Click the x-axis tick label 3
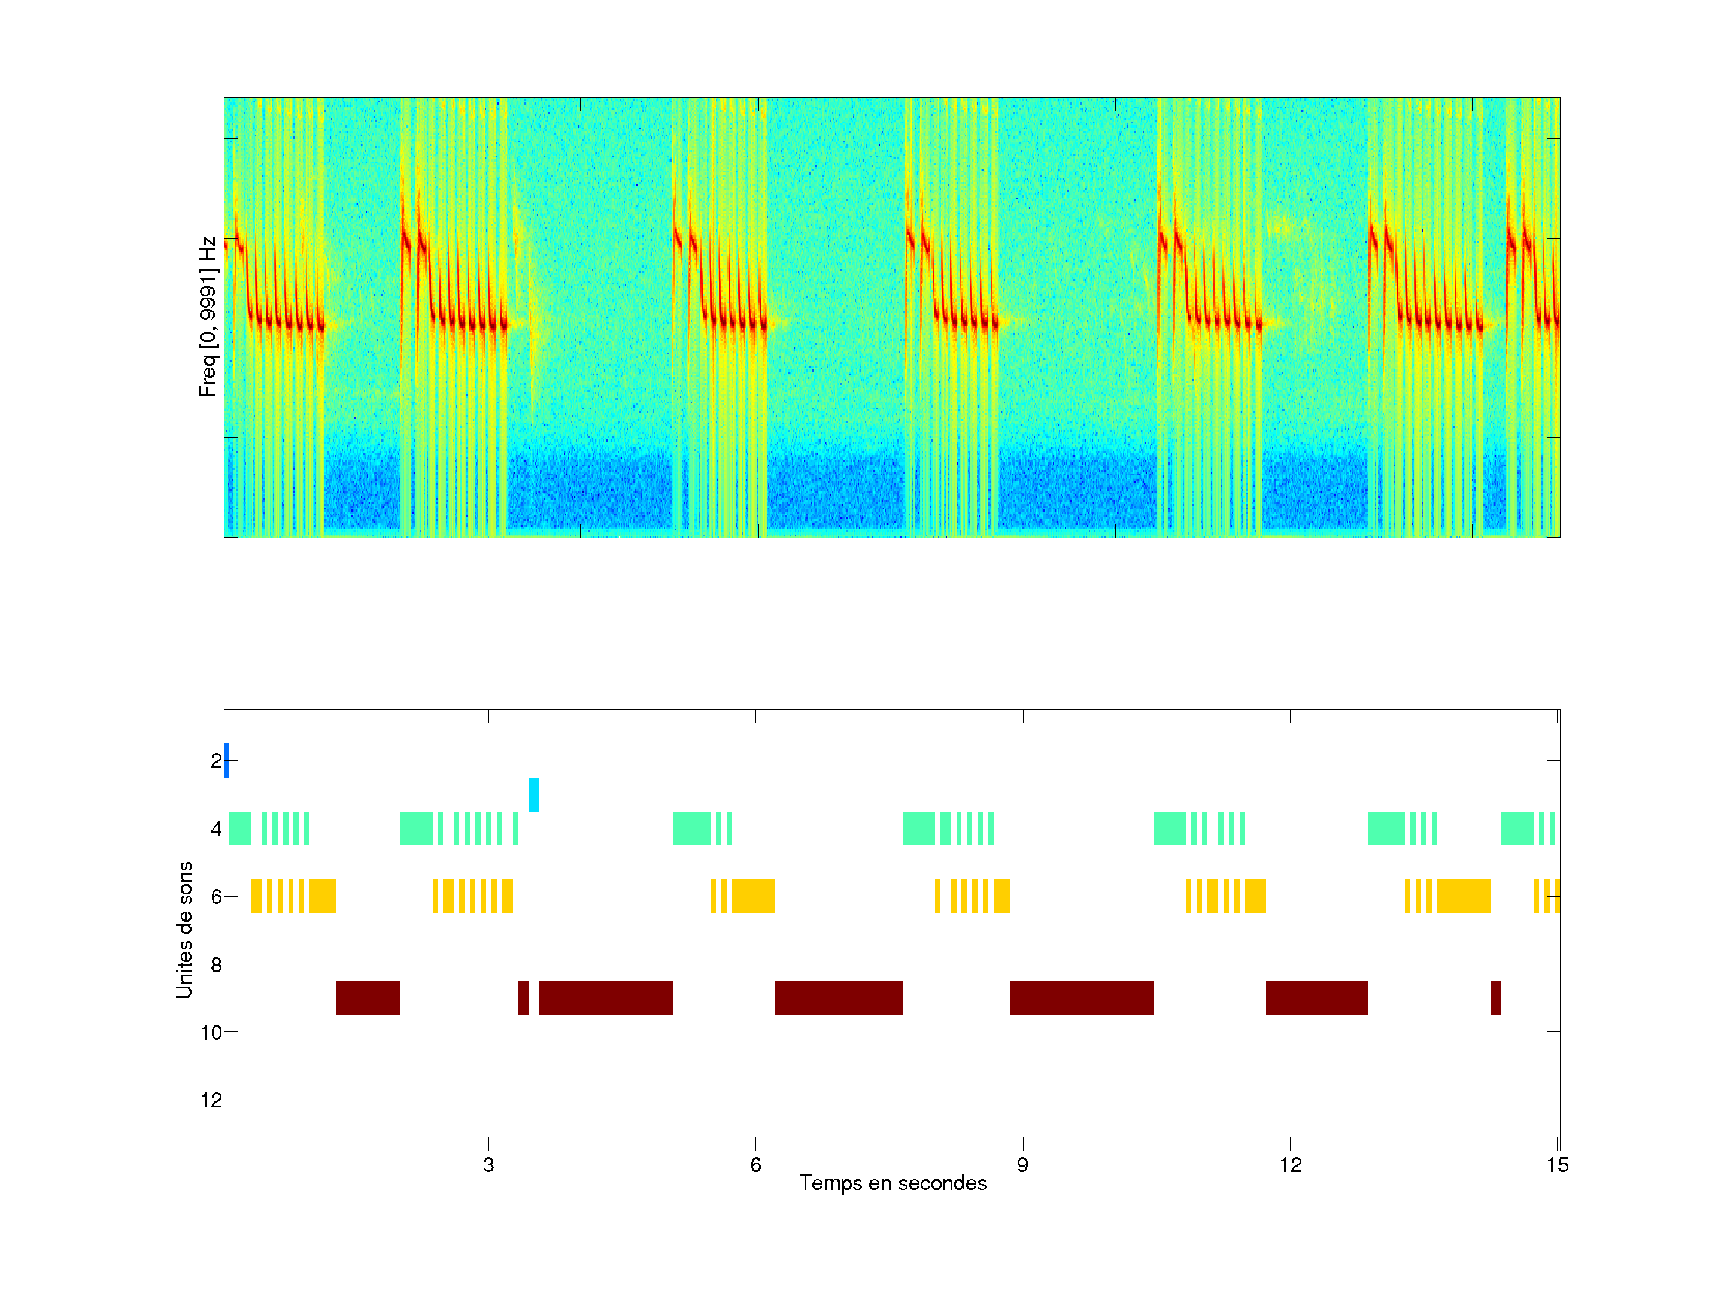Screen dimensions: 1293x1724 (488, 1165)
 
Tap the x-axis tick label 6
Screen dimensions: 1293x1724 (755, 1165)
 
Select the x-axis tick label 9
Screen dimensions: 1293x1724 (1022, 1165)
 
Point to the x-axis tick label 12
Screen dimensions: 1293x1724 (1290, 1165)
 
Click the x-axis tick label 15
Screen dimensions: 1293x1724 (1557, 1165)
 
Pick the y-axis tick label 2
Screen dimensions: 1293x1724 (216, 761)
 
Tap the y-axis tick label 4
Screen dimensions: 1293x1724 (216, 828)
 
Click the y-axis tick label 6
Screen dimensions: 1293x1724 (216, 896)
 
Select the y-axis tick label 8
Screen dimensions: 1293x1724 (216, 965)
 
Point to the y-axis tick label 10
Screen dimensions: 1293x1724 (211, 1033)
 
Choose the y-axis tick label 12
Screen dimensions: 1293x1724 (211, 1100)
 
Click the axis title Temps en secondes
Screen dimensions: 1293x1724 (893, 1183)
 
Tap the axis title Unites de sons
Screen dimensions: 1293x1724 (184, 930)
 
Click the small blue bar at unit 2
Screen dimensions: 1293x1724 (227, 761)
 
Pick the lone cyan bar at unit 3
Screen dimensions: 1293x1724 (534, 794)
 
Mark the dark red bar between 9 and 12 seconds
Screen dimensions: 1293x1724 (1081, 998)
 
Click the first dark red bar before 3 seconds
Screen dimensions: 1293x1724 (368, 998)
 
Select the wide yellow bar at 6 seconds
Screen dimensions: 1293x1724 (753, 896)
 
